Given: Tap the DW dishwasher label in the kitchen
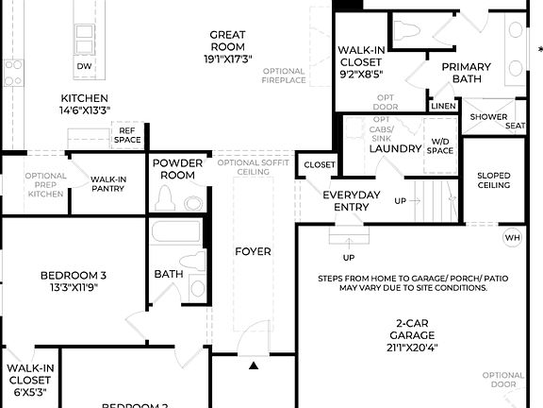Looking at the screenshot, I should [84, 66].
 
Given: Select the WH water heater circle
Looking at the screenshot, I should [513, 238].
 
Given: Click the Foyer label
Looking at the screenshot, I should [253, 251].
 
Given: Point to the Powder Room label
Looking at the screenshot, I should [177, 169].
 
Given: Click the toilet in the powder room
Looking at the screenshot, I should [166, 199].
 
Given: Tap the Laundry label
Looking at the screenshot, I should [394, 148].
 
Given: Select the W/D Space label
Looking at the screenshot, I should [440, 145].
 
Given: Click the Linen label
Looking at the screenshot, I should [443, 107].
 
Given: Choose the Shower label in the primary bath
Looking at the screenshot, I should [488, 117].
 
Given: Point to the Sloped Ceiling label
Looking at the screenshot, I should [494, 179].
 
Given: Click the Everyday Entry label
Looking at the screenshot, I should [351, 200].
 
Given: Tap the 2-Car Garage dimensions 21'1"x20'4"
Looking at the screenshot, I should [414, 347].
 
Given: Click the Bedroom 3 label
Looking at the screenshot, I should [74, 275].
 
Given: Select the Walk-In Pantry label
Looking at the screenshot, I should [108, 183].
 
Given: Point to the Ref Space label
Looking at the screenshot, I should [127, 135].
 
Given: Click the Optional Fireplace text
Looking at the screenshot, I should [284, 76].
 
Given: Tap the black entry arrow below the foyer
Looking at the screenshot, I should [253, 364].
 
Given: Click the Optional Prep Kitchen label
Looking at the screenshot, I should [45, 184].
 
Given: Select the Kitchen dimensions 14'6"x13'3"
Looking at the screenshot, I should [84, 110].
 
